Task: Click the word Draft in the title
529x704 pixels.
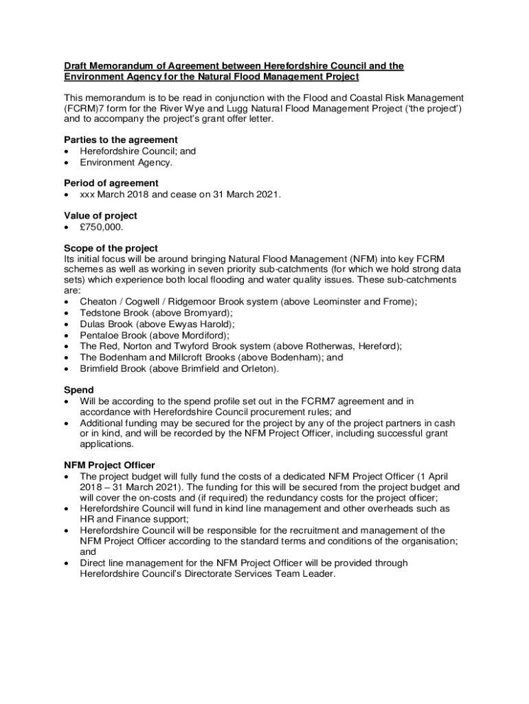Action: coord(76,66)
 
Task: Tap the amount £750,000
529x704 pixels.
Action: coord(102,227)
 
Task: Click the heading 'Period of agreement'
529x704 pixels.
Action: coord(111,183)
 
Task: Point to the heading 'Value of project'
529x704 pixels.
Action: coord(100,215)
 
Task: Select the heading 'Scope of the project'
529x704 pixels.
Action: coord(111,248)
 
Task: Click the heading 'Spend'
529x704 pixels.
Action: coord(79,389)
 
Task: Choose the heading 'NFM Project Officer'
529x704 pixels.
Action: coord(109,465)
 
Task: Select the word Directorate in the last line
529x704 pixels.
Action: coord(200,574)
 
